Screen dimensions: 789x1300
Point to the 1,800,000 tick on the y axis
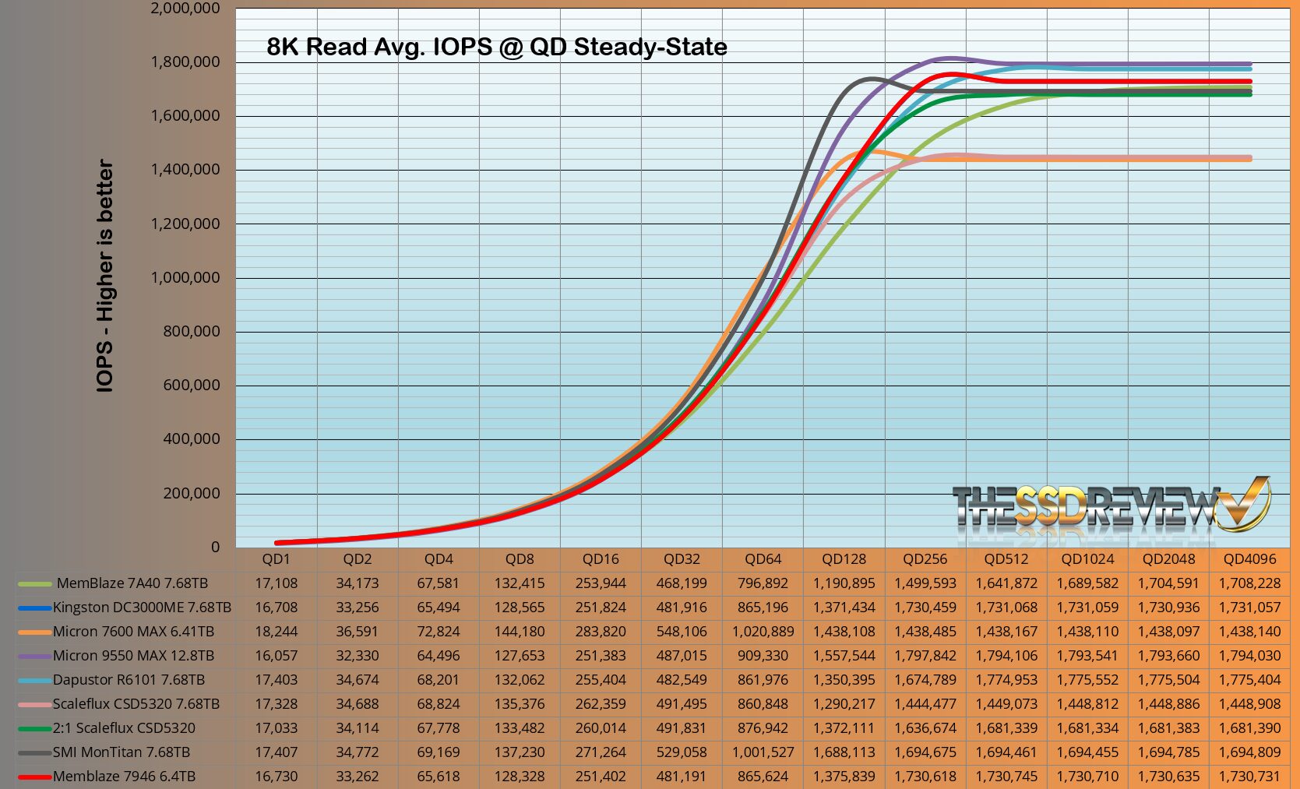185,62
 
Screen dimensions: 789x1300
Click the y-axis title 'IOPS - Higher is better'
105,276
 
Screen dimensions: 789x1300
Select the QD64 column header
763,559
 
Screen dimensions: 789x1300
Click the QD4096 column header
1249,559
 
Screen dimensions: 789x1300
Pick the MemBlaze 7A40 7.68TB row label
132,583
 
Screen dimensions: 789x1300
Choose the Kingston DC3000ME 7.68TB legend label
142,608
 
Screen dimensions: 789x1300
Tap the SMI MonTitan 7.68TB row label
122,752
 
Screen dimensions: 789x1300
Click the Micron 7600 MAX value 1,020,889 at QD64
763,632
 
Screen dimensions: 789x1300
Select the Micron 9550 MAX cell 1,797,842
925,656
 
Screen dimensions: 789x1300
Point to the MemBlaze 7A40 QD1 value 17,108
276,583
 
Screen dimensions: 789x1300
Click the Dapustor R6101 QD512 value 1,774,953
1006,680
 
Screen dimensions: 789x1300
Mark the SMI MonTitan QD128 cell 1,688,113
844,752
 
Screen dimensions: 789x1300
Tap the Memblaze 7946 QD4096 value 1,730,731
1249,777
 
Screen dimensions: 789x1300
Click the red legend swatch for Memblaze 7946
34,777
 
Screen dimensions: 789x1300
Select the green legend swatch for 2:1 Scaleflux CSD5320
34,728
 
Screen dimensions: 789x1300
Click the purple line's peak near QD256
949,58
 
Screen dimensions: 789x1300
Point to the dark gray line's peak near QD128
870,78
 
